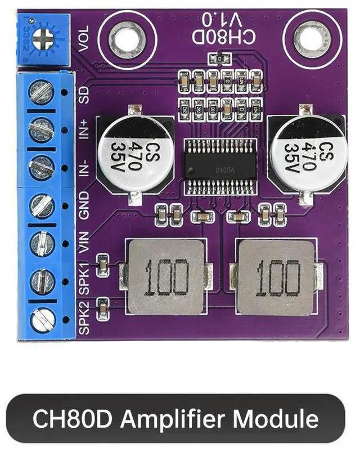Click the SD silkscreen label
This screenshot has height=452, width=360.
click(85, 92)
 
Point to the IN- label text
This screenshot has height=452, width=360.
click(84, 168)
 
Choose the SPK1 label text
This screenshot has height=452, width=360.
click(84, 280)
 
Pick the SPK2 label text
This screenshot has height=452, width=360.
click(84, 319)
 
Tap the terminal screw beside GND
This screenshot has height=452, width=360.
click(41, 206)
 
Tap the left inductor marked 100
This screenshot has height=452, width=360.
click(166, 277)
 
